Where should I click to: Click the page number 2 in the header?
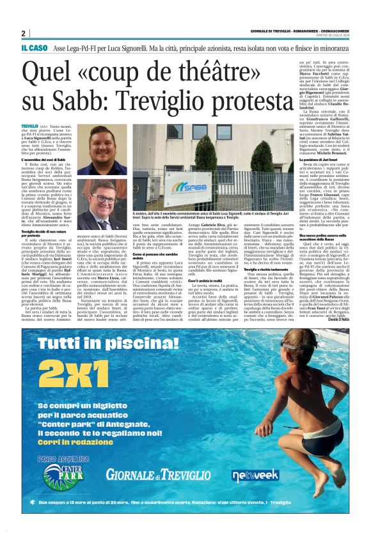click(23, 33)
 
